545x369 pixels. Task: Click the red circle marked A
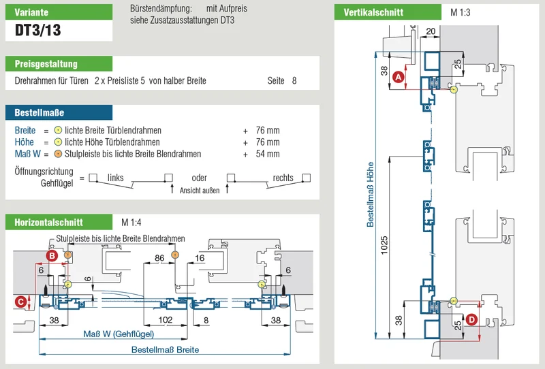[399, 77]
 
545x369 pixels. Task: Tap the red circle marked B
[52, 256]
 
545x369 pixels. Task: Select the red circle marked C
[20, 302]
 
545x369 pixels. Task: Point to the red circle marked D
[471, 319]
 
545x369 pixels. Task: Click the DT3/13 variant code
[38, 30]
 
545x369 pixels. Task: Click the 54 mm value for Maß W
[268, 154]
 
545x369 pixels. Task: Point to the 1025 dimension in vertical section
[384, 246]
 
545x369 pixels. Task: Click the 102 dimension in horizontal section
[166, 320]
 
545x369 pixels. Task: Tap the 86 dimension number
[159, 258]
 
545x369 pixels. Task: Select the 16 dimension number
[200, 258]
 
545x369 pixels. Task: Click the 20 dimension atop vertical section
[431, 31]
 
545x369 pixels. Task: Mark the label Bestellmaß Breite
[165, 349]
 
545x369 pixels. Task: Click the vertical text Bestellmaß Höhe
[371, 195]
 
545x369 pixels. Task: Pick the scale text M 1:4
[131, 223]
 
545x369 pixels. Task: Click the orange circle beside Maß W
[58, 154]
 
